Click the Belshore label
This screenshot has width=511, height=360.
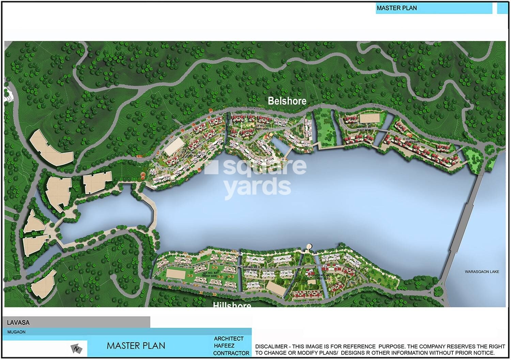click(287, 101)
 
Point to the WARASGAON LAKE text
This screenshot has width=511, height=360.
click(482, 272)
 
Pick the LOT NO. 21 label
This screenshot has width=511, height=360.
click(413, 140)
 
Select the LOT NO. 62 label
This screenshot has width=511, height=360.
click(250, 268)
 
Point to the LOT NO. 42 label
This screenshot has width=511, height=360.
click(322, 277)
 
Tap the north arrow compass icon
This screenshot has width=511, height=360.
click(77, 349)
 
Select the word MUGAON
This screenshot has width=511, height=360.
click(16, 332)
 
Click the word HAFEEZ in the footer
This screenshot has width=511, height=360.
click(224, 346)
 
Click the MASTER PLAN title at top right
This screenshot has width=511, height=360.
click(397, 8)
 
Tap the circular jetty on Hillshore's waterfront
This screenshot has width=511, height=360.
click(309, 247)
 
